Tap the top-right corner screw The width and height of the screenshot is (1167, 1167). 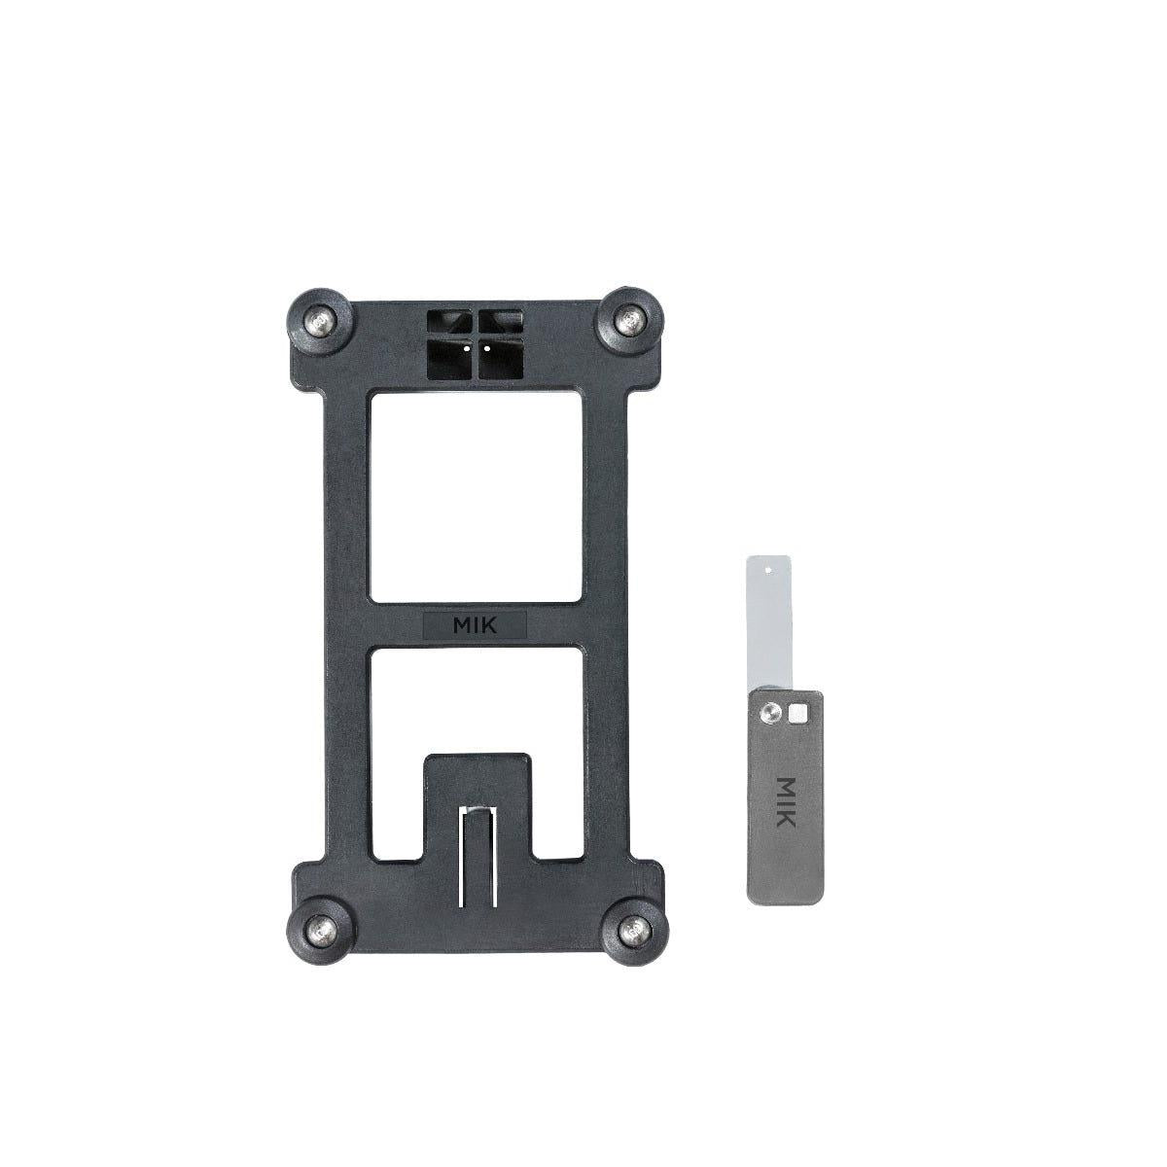click(633, 319)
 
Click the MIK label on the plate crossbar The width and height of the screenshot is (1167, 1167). click(476, 626)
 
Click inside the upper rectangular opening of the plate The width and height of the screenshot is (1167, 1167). click(476, 496)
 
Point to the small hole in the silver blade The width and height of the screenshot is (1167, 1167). click(768, 565)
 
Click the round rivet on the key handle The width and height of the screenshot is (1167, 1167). click(769, 713)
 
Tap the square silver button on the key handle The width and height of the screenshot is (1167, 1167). click(799, 713)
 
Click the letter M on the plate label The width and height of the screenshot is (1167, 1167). click(458, 626)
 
